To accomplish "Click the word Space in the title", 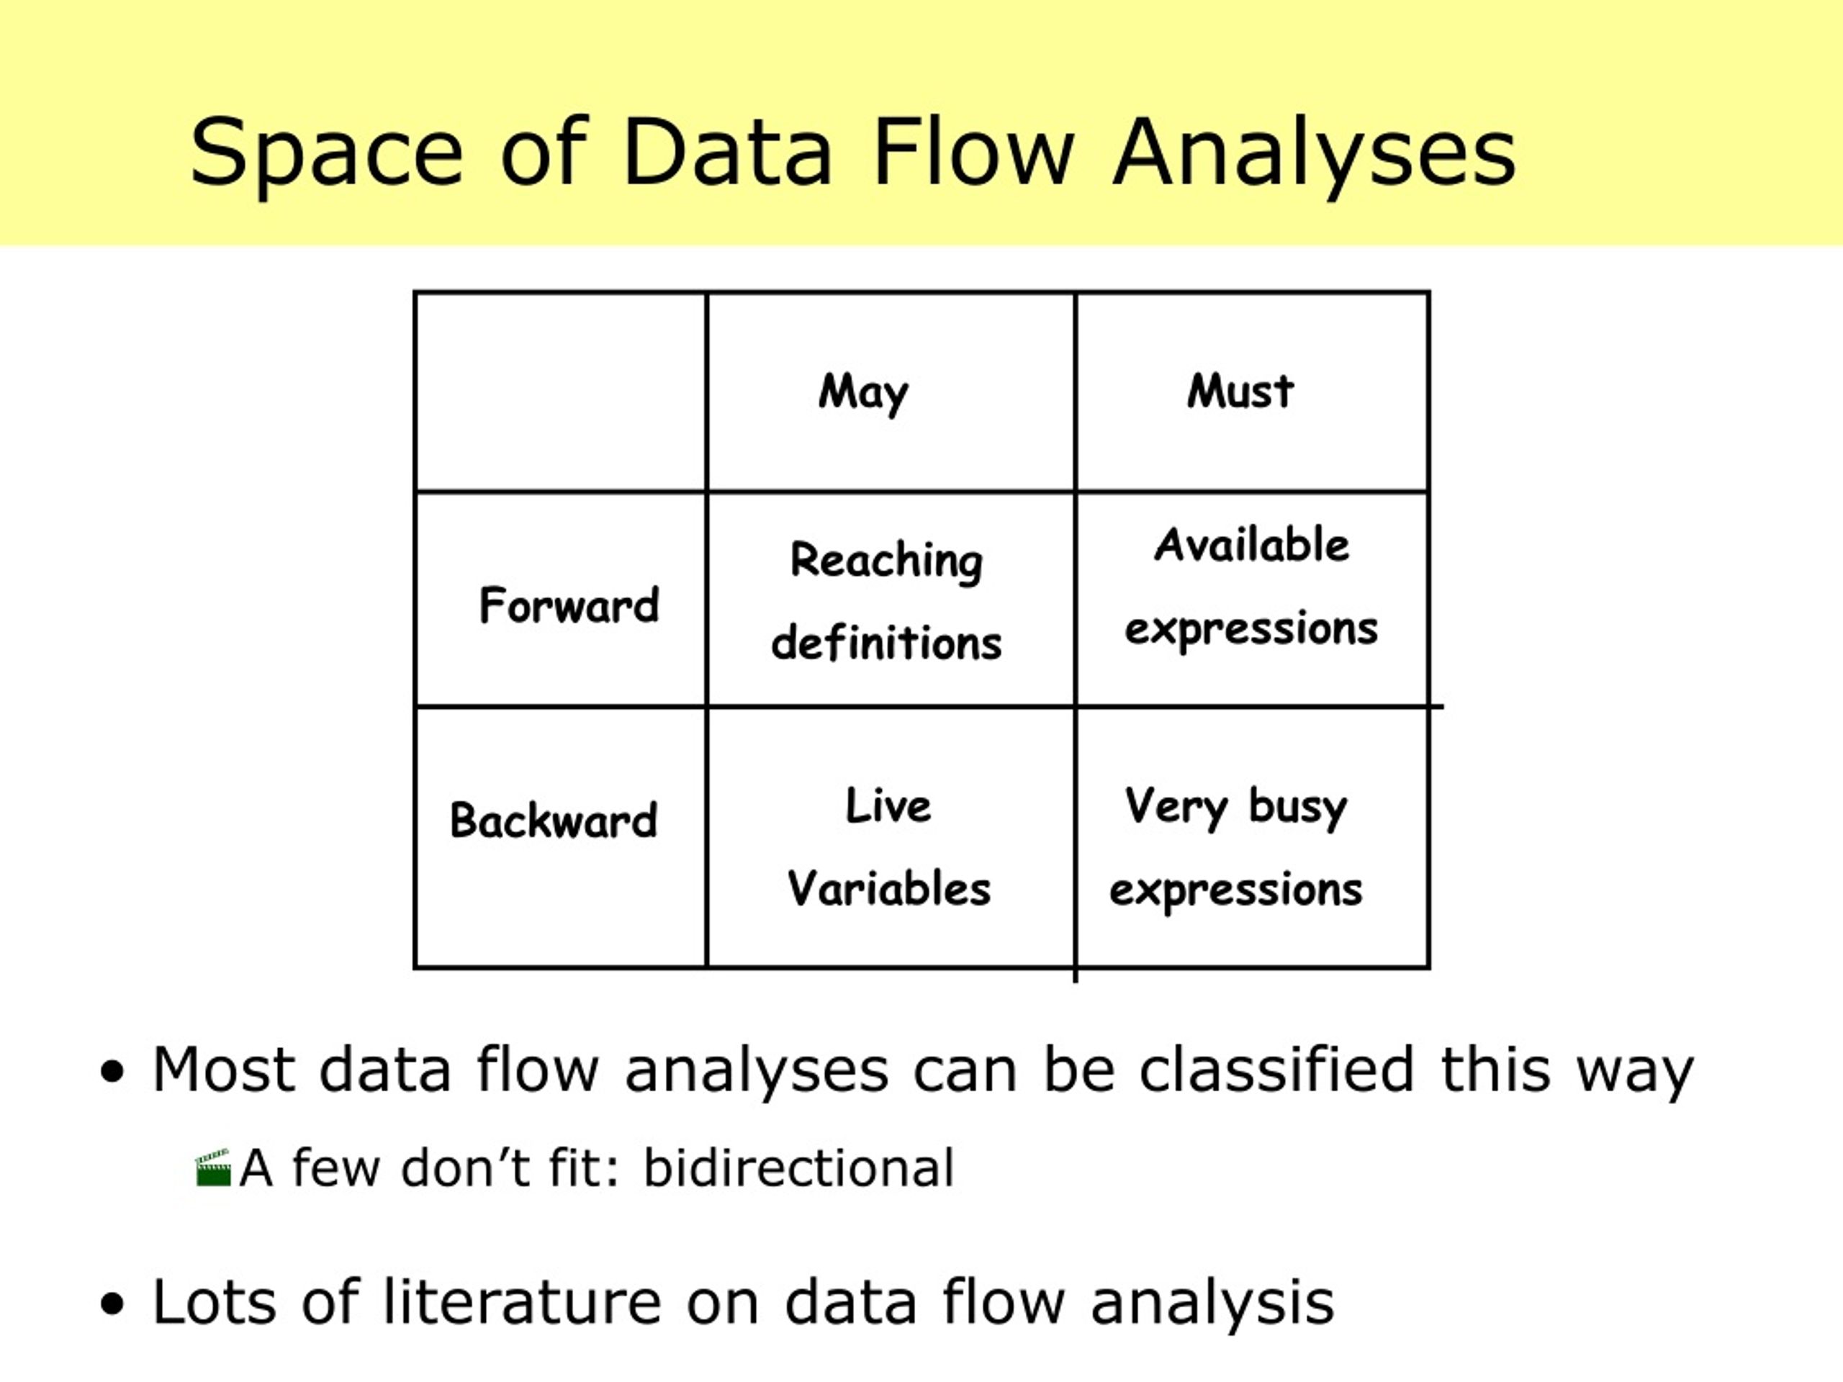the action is tap(326, 153).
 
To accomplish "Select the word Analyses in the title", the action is tap(1314, 153).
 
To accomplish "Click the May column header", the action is tap(863, 392).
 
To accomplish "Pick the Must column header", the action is tap(1240, 391).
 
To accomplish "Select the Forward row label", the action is tap(569, 605).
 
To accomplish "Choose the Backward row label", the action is tap(553, 820).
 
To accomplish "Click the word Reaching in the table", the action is tap(886, 561).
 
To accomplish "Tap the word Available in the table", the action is tap(1251, 545).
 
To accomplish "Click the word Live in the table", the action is tap(888, 805).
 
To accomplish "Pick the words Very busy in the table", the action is tap(1235, 806).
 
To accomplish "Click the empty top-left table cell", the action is tap(560, 392).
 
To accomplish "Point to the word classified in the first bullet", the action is tap(1276, 1069).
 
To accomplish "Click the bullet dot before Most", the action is tap(112, 1071).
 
